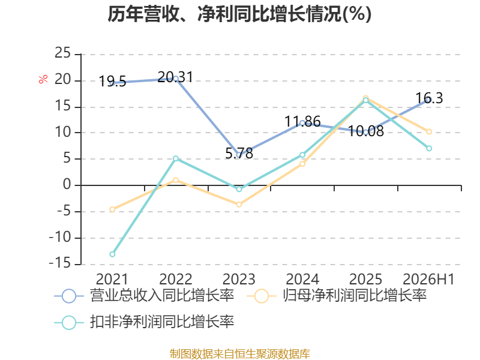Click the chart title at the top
click(239, 14)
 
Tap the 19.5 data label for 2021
click(112, 82)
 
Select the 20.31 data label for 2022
click(175, 77)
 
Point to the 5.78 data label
click(239, 153)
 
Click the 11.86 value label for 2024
click(302, 121)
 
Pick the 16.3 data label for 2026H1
click(429, 98)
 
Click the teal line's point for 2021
click(112, 254)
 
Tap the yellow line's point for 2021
click(112, 209)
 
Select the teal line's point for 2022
click(176, 158)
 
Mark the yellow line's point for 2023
click(239, 204)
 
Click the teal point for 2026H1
click(429, 148)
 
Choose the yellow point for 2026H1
click(429, 131)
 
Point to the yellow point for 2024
click(302, 164)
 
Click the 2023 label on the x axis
click(239, 279)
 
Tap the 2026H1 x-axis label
click(428, 279)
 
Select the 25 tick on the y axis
click(63, 53)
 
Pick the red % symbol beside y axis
click(43, 79)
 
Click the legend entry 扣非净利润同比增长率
click(145, 322)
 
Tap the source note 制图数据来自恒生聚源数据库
click(240, 354)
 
